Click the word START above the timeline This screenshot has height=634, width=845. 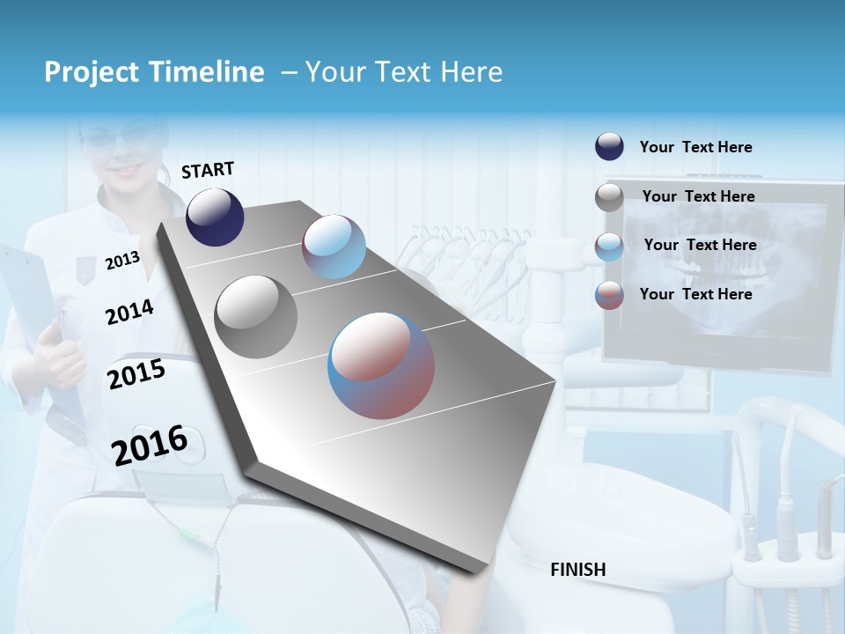coord(208,170)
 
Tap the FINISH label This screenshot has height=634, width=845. coord(577,570)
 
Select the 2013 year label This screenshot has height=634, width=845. coord(122,260)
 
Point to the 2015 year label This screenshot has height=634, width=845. coord(136,374)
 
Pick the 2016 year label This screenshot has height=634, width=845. coord(150,445)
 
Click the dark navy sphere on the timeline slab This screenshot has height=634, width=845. coord(215,217)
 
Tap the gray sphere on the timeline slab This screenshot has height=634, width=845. coord(255,317)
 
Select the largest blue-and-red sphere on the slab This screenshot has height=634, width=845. coord(381,365)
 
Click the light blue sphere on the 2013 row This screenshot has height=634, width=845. coord(334,247)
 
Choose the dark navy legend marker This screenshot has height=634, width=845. coord(609,147)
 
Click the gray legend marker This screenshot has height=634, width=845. coord(609,197)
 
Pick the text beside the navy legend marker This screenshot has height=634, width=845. coord(695,148)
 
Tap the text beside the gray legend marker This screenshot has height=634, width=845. coord(698,196)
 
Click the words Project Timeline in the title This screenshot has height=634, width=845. coord(154,72)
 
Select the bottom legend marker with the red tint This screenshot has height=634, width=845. coord(609,295)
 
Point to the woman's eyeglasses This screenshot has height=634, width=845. coord(123,137)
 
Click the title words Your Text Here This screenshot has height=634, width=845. coord(403,72)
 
